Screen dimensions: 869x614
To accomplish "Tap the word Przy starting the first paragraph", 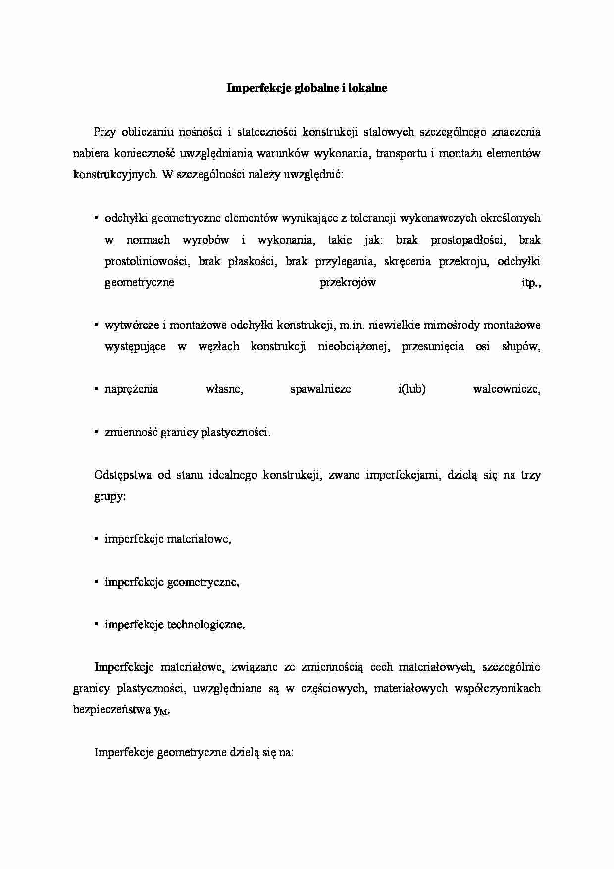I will [x=104, y=132].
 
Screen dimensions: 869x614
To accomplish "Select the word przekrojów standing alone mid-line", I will [x=348, y=283].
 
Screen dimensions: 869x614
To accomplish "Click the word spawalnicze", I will [x=320, y=389].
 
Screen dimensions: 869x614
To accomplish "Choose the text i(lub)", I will [x=411, y=389].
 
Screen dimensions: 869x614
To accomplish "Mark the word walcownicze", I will [x=507, y=389].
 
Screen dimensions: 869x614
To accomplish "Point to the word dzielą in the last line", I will [x=243, y=753].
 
